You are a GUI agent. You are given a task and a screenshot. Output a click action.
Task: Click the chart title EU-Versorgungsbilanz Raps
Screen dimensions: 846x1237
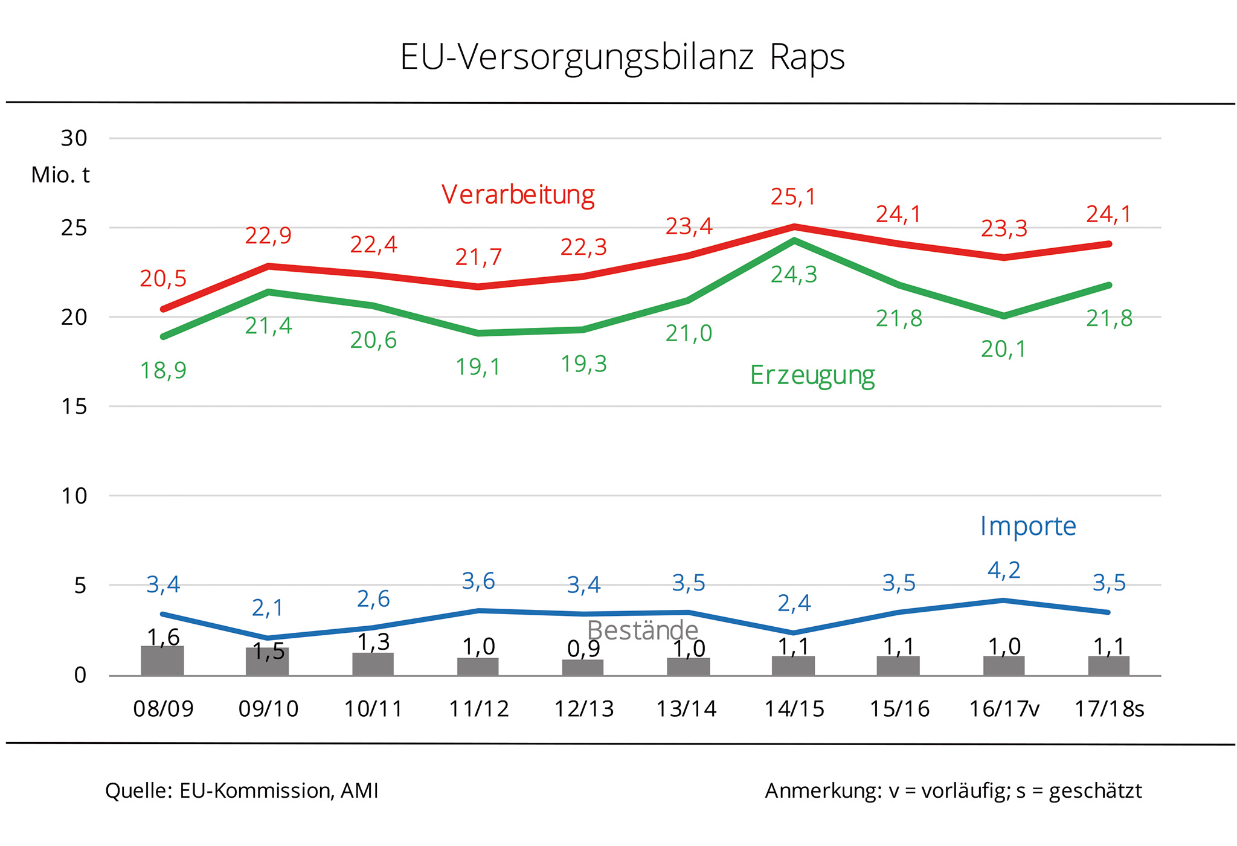click(622, 58)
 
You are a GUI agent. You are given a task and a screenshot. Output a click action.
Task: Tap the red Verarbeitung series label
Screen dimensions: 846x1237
click(518, 194)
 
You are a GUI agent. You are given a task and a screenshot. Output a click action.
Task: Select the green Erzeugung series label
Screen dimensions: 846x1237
click(812, 375)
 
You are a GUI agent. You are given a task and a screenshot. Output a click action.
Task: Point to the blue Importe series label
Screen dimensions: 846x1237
click(1027, 526)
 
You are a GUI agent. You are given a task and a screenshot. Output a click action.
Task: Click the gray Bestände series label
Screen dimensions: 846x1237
click(642, 630)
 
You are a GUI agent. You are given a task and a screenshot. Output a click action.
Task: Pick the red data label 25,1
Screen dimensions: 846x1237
click(793, 197)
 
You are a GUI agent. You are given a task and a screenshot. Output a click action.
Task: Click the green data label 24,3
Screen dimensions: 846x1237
click(794, 275)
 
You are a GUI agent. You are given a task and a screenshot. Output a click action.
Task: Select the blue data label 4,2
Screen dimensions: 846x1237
click(1004, 571)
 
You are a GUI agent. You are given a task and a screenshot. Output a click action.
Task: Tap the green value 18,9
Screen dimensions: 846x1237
click(163, 370)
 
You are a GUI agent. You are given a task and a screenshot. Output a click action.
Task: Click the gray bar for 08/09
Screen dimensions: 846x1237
click(162, 661)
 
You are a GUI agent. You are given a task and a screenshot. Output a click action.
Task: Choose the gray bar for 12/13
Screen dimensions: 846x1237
click(583, 667)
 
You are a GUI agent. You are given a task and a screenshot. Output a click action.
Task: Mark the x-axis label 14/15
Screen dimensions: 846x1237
click(794, 709)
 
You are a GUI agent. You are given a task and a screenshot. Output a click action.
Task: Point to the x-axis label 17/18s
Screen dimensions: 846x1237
click(1109, 709)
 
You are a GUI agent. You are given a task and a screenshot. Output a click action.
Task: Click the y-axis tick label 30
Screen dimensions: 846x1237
click(74, 138)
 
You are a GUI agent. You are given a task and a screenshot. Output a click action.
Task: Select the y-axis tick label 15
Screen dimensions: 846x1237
click(74, 406)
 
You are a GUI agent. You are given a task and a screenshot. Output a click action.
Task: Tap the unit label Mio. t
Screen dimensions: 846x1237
click(60, 175)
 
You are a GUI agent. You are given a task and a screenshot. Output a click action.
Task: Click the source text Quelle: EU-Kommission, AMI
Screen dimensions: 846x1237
click(242, 790)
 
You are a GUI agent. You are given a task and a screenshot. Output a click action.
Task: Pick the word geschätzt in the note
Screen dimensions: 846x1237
click(1095, 790)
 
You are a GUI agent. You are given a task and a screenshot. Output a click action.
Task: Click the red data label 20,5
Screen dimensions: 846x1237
click(163, 279)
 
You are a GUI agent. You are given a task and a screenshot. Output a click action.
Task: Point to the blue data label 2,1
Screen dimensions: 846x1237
click(268, 607)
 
